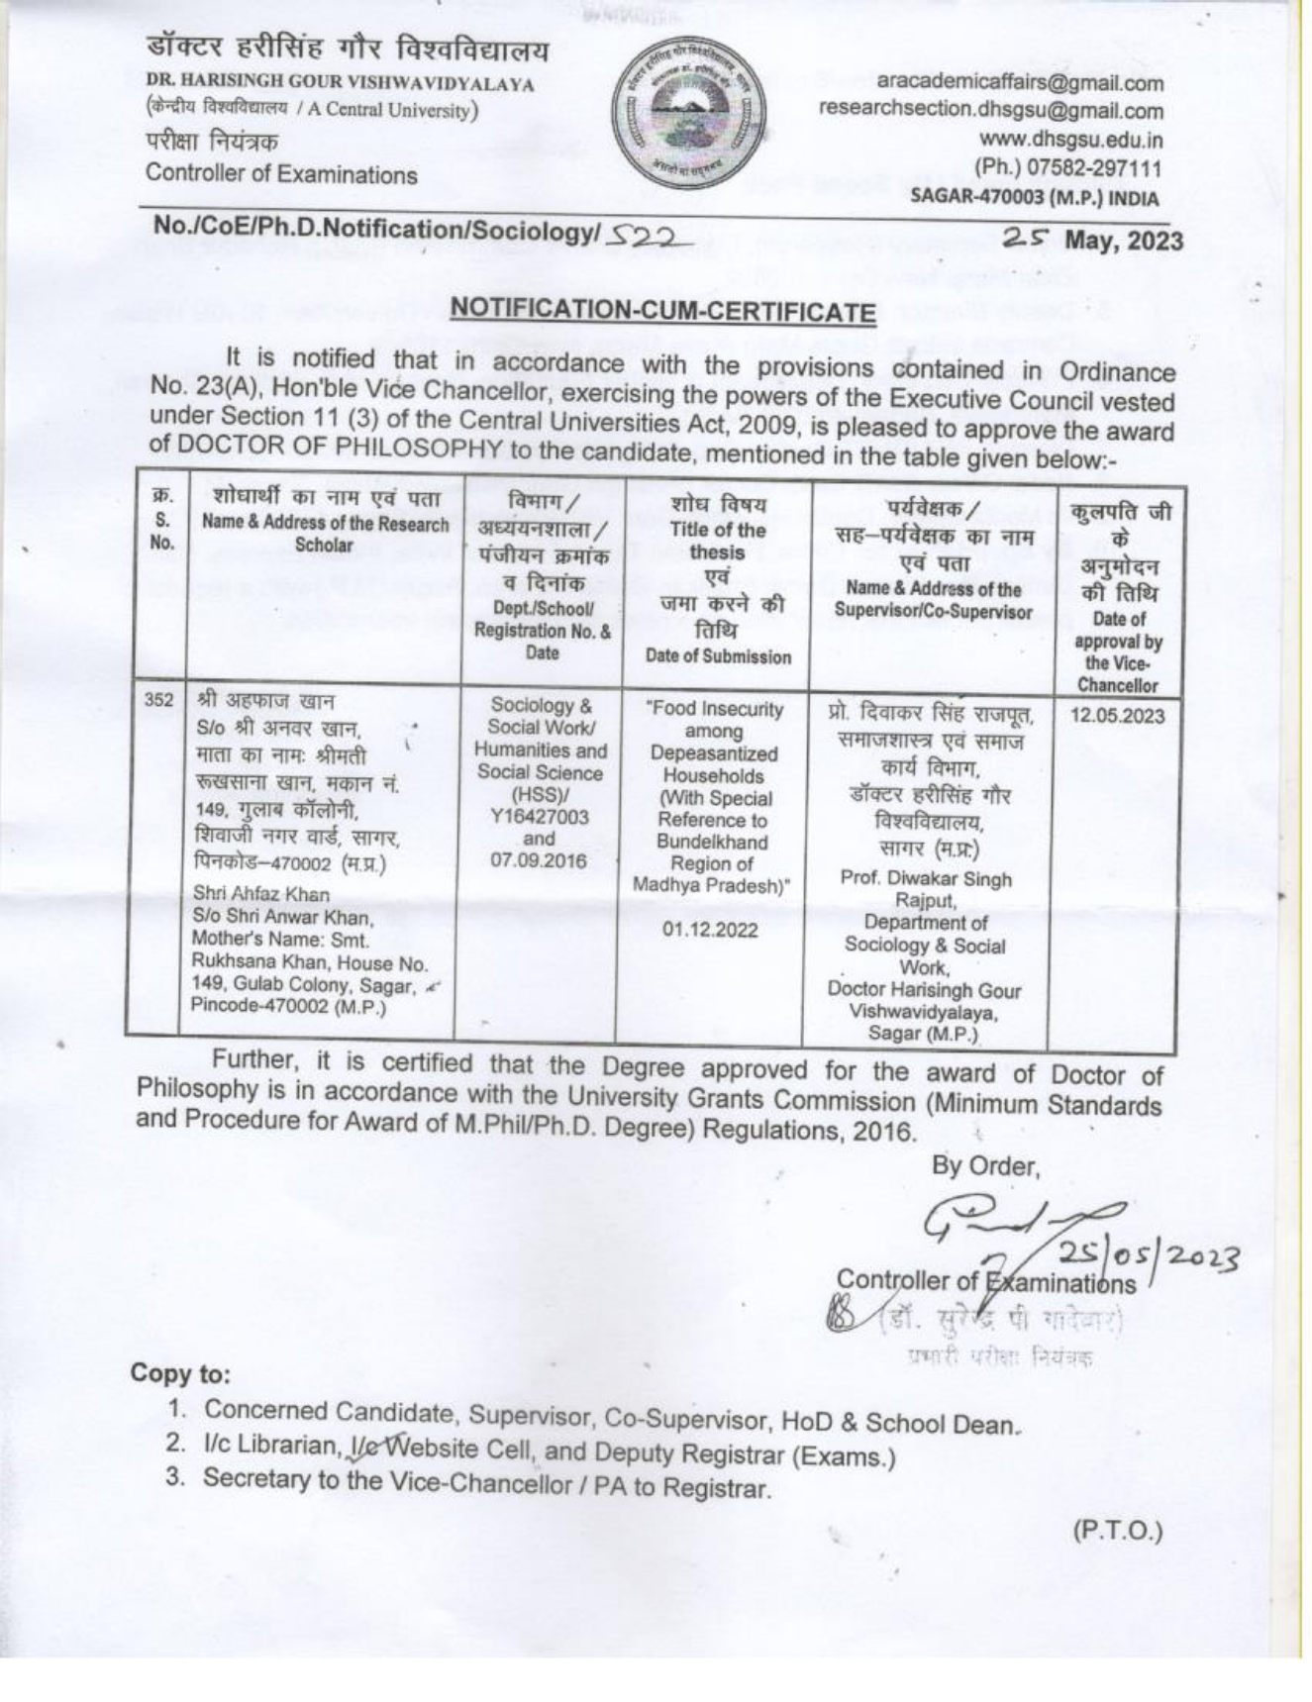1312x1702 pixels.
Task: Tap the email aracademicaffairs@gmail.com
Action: pyautogui.click(x=1020, y=83)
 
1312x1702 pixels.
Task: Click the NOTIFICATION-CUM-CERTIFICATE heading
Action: pyautogui.click(x=662, y=312)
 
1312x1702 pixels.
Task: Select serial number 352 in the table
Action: pyautogui.click(x=158, y=700)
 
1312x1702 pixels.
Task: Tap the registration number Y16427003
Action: pyautogui.click(x=540, y=817)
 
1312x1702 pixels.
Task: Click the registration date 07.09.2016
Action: pyautogui.click(x=539, y=860)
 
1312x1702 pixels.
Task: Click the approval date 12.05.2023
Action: pyautogui.click(x=1117, y=716)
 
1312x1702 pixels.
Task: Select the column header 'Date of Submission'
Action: pyautogui.click(x=718, y=656)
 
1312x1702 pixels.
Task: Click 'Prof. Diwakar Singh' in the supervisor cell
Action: pyautogui.click(x=926, y=878)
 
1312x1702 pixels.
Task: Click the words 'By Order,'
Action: pyautogui.click(x=985, y=1166)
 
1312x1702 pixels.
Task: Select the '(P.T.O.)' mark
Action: pyautogui.click(x=1118, y=1531)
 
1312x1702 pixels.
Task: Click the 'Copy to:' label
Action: pyautogui.click(x=180, y=1373)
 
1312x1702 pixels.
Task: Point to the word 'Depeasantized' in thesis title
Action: pyautogui.click(x=713, y=753)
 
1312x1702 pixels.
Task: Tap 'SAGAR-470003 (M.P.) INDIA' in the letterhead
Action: pyautogui.click(x=1035, y=197)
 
